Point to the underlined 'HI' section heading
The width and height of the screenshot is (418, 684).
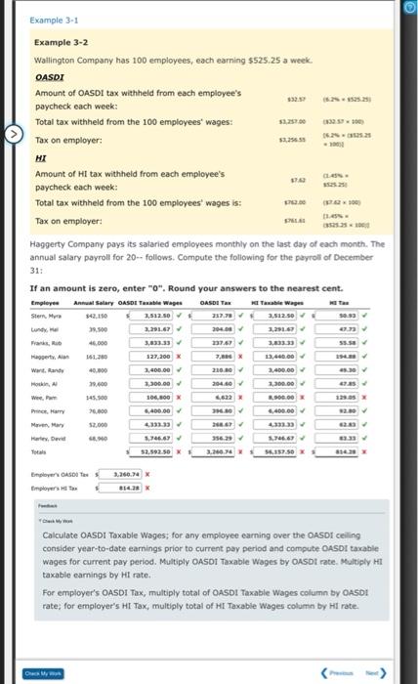point(40,156)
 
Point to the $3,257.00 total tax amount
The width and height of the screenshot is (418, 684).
point(288,122)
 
